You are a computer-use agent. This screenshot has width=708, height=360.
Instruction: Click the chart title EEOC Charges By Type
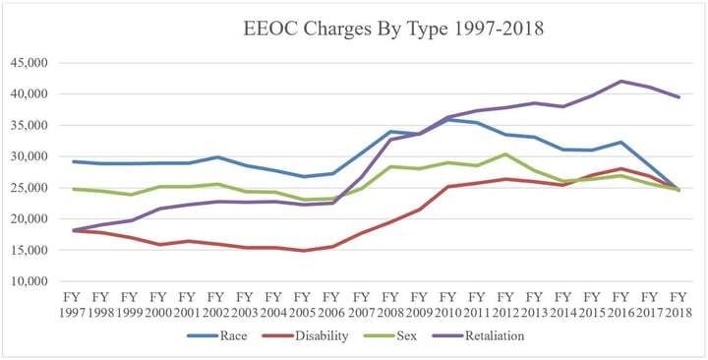(392, 30)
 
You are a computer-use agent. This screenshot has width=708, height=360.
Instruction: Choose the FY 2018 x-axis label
(678, 303)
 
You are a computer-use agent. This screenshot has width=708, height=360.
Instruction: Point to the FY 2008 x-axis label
(389, 303)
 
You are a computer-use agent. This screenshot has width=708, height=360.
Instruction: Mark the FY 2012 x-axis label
(504, 303)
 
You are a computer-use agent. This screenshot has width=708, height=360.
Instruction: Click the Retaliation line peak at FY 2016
(619, 81)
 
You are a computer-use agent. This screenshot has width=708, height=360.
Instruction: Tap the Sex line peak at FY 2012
(504, 154)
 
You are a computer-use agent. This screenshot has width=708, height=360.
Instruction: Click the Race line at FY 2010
(447, 119)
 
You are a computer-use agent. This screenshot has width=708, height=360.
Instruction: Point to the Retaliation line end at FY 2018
(678, 97)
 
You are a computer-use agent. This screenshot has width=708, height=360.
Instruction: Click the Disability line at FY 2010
(447, 186)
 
